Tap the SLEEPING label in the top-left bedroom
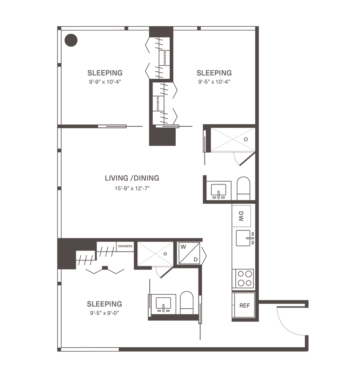point(105,72)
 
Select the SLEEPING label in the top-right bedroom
point(214,72)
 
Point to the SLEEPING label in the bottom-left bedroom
point(104,303)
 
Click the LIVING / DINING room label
point(132,178)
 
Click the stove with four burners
point(243,279)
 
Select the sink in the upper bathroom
point(218,190)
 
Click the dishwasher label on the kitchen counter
point(242,216)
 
